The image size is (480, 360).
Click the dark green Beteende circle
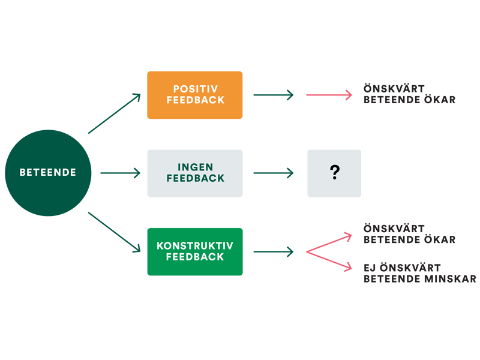coord(48,173)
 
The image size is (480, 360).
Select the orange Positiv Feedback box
coord(195,95)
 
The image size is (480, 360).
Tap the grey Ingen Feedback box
coord(195,173)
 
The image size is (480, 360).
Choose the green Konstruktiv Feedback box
coord(195,251)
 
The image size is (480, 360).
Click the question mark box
coord(334,173)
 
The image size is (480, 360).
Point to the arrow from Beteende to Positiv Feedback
coord(114,114)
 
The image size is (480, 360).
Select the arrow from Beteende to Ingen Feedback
coord(120,173)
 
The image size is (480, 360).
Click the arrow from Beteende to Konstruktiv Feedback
coord(114,232)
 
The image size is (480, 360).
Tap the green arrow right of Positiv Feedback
coord(274,95)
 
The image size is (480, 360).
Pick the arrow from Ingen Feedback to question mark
coord(274,173)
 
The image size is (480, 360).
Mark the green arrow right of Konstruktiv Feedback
coord(274,251)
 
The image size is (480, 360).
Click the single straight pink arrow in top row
coord(329,95)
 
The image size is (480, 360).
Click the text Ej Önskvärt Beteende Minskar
coord(419,273)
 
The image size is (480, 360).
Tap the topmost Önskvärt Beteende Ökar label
coord(409,94)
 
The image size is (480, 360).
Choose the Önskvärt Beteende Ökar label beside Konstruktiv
coord(409,234)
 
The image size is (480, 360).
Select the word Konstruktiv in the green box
coord(195,246)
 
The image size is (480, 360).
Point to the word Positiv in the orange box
coord(195,89)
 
